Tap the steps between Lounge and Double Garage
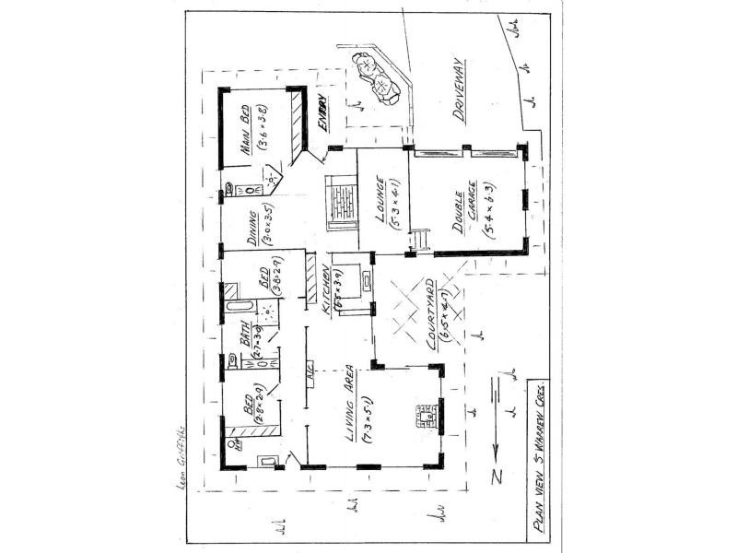tap(419, 241)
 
